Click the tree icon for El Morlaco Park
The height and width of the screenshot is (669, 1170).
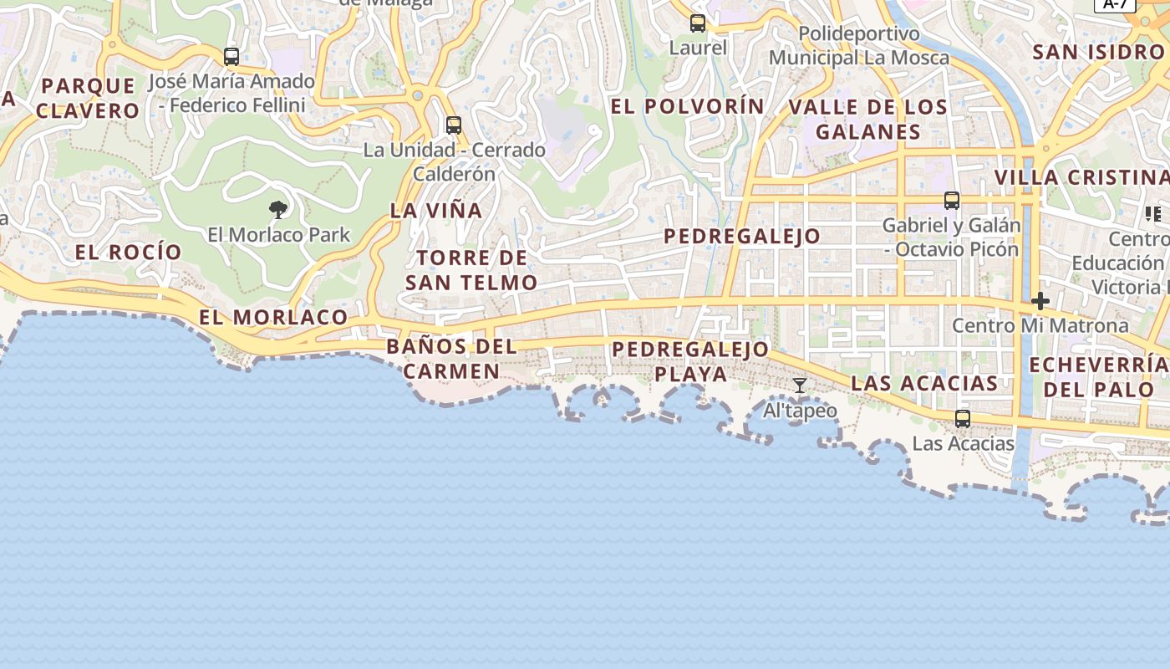278,209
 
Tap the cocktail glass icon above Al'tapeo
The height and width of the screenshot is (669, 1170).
800,385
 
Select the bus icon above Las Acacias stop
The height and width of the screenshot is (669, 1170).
963,418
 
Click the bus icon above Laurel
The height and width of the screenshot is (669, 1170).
698,23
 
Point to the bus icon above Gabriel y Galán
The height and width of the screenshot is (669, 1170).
952,200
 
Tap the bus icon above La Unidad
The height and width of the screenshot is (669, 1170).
454,125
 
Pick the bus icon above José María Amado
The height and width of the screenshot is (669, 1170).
231,56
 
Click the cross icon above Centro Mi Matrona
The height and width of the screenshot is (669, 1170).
1040,300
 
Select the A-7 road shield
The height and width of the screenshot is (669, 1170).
1115,4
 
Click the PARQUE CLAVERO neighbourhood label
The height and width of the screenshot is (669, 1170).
88,98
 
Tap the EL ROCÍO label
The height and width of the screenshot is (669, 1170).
128,252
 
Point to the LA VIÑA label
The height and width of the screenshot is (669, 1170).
436,211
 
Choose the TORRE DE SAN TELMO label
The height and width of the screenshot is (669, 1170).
471,270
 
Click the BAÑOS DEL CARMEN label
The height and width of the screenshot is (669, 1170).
451,359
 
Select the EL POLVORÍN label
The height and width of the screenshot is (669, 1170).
687,106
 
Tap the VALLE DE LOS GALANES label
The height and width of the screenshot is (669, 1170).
868,119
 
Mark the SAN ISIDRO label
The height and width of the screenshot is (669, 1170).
1097,52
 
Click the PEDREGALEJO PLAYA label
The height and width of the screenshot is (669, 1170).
690,361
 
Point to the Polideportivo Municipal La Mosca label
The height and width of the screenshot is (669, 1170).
859,46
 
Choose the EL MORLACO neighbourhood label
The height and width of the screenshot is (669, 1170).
273,317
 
